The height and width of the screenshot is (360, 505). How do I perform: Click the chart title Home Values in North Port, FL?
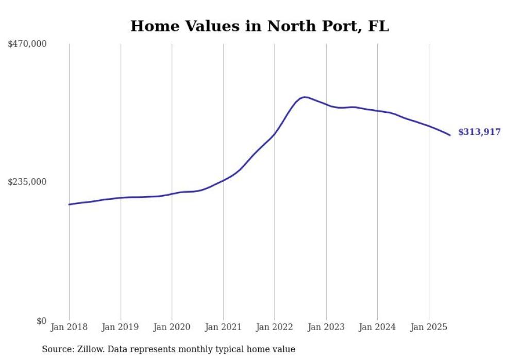tap(259, 26)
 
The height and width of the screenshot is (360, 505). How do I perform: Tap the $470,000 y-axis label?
tap(27, 44)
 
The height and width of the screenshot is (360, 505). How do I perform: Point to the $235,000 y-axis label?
tap(27, 182)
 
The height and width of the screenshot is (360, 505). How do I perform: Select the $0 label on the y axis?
tap(41, 321)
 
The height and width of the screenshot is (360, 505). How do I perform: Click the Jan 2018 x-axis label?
tap(69, 327)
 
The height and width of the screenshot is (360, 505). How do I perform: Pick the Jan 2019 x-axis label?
tap(121, 327)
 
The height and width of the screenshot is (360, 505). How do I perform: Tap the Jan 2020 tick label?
tap(172, 327)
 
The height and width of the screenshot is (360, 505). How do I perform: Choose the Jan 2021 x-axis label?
tap(223, 327)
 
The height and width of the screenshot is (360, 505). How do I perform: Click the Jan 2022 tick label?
tap(275, 327)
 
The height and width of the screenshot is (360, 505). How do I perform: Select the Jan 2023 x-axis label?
tap(326, 327)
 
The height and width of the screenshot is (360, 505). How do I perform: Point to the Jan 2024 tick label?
tap(377, 327)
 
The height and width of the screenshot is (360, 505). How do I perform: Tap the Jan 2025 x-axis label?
tap(429, 327)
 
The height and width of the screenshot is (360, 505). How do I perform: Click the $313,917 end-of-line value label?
tap(479, 132)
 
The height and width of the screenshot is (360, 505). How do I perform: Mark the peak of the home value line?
tap(305, 97)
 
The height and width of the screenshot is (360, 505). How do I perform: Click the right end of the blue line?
tap(450, 135)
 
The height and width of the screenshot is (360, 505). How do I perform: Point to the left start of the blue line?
tap(69, 204)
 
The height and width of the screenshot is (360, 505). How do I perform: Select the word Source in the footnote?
tap(56, 349)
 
